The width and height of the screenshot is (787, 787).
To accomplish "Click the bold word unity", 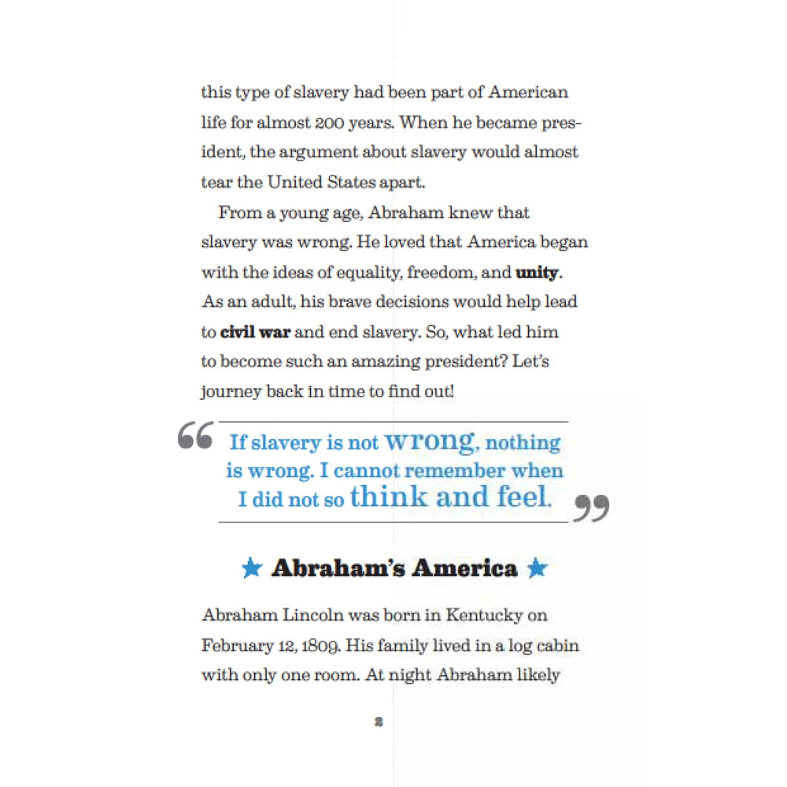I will [537, 273].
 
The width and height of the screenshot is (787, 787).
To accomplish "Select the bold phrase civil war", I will [256, 332].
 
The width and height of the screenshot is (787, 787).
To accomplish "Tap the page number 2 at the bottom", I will [379, 721].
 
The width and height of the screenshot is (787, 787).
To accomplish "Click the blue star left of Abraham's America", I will [252, 568].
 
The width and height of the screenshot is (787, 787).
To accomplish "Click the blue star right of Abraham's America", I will [537, 568].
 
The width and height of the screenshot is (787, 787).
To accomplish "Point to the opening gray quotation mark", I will [195, 436].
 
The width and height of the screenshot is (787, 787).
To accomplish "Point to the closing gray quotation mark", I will [591, 508].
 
